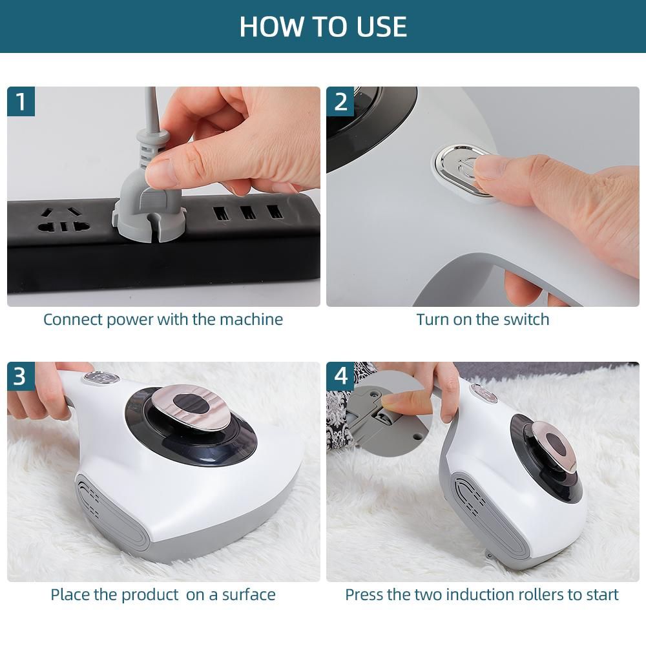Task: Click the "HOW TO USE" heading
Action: coord(323,26)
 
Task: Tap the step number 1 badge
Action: coord(21,101)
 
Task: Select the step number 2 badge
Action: coord(340,101)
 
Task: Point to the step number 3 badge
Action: coord(21,376)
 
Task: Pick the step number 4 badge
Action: coord(340,376)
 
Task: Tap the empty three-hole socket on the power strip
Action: coord(63,220)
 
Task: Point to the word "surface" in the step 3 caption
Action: coord(249,595)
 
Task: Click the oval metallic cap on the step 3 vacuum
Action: coord(192,406)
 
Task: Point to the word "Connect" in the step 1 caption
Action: coord(73,320)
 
